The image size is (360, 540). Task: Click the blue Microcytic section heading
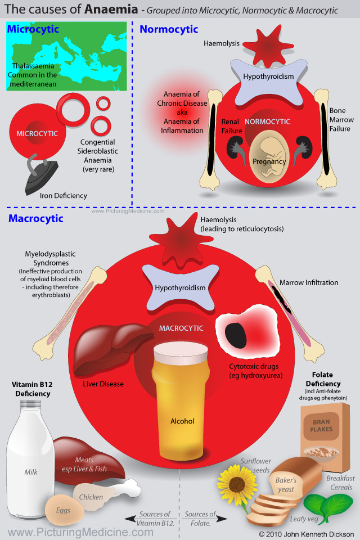coord(33,29)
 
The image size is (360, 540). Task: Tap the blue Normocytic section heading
coord(169,29)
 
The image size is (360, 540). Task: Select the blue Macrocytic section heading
coord(36,218)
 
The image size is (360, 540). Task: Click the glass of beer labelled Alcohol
coord(181,401)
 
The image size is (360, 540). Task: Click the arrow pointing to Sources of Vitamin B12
coord(150,518)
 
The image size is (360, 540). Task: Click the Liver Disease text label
coord(103,384)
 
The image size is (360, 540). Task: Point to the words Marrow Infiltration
coord(309,283)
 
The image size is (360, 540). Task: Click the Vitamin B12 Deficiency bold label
coord(33,389)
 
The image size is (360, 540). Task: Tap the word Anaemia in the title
coord(111,10)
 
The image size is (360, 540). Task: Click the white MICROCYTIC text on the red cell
coord(37,134)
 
